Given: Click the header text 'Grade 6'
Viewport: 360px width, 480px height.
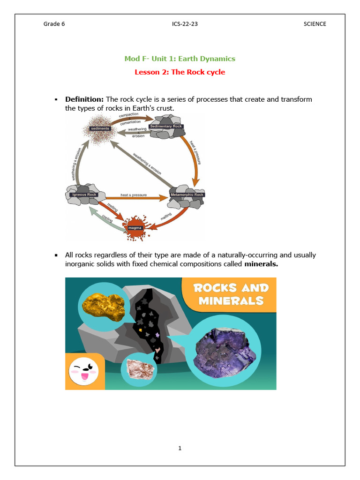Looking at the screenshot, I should tap(54, 24).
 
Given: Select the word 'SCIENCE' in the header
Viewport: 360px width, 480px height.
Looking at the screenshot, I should tap(315, 24).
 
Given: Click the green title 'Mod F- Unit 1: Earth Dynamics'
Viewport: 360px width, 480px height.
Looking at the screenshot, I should tap(180, 59).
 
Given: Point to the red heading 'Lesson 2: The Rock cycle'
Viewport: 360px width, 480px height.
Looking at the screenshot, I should tap(180, 72).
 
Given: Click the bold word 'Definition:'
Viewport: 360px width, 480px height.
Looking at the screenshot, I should tap(84, 99).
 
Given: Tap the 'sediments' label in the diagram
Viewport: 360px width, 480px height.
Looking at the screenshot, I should tap(100, 128).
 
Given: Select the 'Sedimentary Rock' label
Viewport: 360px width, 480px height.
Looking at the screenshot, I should tap(166, 127).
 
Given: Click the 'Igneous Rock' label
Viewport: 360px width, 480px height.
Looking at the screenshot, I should tap(83, 195).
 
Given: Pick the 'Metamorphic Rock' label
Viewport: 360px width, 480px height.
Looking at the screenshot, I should tap(187, 195).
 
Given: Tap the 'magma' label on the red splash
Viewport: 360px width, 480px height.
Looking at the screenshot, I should tap(135, 228).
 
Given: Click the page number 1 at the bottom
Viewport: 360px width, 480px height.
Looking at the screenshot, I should tap(180, 448).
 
